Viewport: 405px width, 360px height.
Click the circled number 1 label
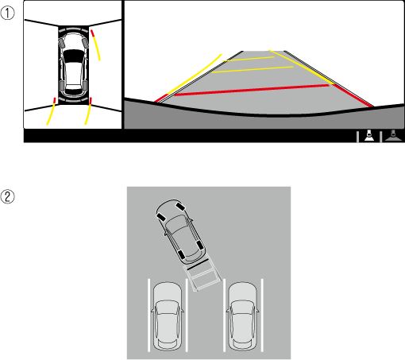tap(7, 13)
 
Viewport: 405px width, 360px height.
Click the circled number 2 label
tap(7, 197)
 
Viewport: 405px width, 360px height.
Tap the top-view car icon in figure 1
tap(73, 65)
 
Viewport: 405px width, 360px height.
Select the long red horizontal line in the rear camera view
tap(251, 90)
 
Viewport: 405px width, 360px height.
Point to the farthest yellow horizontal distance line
tap(249, 59)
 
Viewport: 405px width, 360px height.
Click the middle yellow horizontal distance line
tap(253, 69)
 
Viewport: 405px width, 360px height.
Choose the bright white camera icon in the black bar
tap(369, 136)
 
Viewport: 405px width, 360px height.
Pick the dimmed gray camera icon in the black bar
tap(393, 136)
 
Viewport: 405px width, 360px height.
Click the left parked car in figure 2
tap(167, 316)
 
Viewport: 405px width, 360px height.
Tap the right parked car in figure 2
tap(242, 316)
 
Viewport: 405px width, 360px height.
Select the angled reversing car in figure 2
tap(180, 232)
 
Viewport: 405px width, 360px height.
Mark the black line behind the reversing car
tap(198, 265)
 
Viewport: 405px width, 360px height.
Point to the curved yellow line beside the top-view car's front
tap(96, 45)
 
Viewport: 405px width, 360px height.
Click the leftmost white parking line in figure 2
tap(148, 315)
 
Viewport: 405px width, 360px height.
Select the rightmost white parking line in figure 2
tap(262, 315)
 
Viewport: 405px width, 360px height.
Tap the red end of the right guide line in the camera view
tap(353, 95)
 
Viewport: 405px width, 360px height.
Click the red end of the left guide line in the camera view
tap(161, 98)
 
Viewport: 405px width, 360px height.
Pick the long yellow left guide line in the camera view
tap(195, 74)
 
